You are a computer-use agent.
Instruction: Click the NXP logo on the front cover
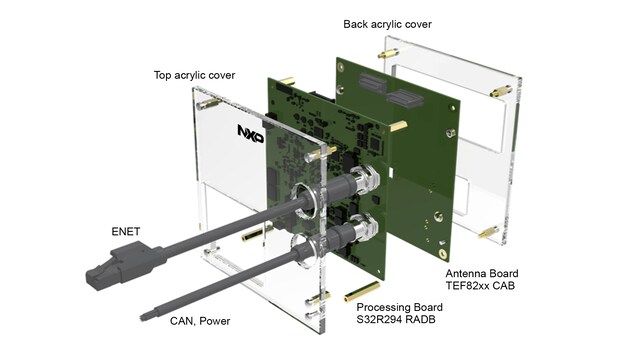point(251,134)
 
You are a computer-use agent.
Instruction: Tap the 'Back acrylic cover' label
point(387,24)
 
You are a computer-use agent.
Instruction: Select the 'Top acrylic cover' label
point(194,76)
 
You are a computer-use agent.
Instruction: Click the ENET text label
point(126,232)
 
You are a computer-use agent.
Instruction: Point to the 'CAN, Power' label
point(200,321)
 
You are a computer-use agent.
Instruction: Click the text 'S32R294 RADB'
point(396,319)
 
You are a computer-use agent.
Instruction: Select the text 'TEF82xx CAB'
point(480,285)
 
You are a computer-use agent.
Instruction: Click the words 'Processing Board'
point(400,307)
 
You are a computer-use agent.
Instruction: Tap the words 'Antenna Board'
point(482,273)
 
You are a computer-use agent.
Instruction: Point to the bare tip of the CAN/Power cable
point(144,317)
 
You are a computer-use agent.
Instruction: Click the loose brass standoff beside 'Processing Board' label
point(362,291)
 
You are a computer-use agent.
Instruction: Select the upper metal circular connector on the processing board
point(364,179)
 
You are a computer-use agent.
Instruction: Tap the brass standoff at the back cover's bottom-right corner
point(489,232)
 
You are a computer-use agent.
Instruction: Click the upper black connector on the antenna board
point(373,83)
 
